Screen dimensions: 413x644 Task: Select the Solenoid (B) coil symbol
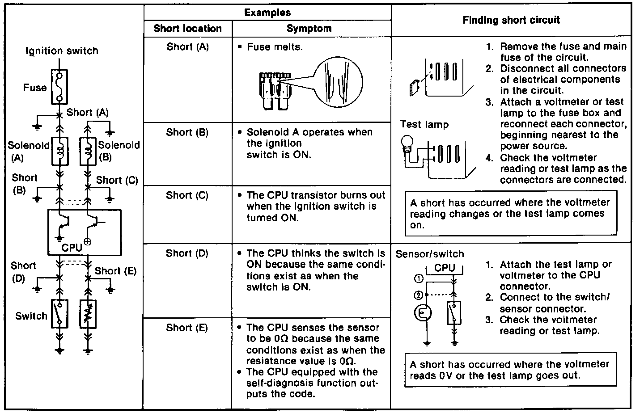point(88,151)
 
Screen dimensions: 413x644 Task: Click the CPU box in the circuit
point(85,232)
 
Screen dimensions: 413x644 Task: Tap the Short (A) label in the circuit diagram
point(88,113)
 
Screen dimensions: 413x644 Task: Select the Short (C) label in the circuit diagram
point(117,180)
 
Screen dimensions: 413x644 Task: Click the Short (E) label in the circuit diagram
point(115,271)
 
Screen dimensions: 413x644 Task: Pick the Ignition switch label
point(62,51)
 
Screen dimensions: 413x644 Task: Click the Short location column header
point(187,29)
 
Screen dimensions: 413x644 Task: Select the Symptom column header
point(309,29)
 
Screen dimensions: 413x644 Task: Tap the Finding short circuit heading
point(511,20)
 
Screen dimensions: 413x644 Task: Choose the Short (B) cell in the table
point(187,132)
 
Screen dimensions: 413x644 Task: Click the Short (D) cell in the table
point(187,253)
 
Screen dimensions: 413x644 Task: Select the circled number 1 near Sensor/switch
point(419,279)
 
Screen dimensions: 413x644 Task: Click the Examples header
point(267,13)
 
